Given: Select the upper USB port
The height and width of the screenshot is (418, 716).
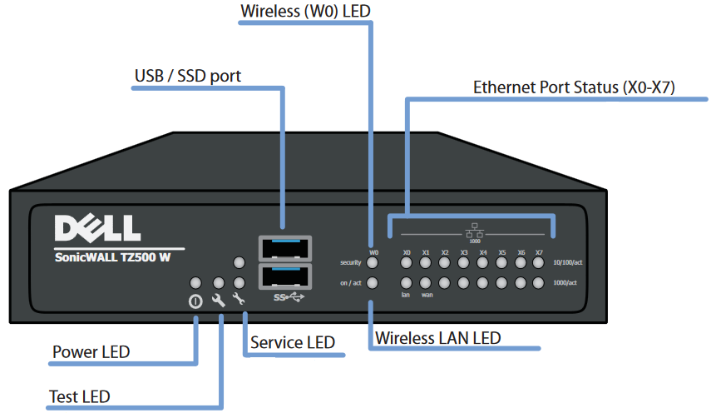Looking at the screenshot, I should point(284,249).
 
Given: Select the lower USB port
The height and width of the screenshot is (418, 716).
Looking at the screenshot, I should point(284,276).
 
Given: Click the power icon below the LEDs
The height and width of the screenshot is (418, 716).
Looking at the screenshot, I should point(195,301).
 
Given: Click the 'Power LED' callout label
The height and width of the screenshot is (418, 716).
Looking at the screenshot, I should point(91,351).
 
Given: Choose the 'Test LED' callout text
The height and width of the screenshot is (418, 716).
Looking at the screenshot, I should point(81,396).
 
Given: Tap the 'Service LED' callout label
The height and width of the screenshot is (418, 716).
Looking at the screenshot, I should point(293,342).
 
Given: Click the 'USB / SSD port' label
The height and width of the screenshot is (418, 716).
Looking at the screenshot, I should point(188,77).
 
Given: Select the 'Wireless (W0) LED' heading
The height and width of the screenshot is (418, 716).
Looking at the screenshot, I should point(305,12).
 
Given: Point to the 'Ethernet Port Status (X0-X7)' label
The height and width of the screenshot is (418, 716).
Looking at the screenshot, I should point(575,87).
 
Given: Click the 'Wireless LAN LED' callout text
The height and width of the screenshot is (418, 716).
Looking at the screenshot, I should point(438,338).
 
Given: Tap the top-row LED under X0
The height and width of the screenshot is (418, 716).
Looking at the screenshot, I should point(407,263).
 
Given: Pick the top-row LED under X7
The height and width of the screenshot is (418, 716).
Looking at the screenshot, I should point(539,263).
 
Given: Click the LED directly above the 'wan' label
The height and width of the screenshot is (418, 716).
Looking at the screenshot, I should point(426,283).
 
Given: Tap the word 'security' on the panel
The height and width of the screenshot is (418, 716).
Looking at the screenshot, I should point(349,263).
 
